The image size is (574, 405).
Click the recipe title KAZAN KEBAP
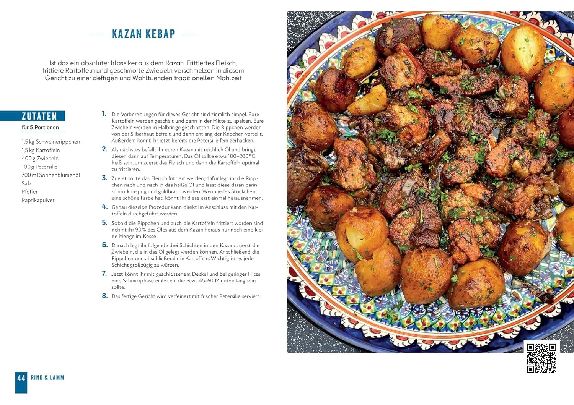tap(143, 34)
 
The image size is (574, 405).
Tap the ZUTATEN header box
tap(39, 116)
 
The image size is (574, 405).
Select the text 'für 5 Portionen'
tap(40, 127)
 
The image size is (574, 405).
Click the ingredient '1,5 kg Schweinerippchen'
tap(51, 142)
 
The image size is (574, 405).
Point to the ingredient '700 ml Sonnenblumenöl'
tap(51, 175)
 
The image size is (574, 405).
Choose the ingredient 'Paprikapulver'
tap(38, 200)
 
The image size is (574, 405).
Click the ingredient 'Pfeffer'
tap(30, 191)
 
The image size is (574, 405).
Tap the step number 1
tap(104, 114)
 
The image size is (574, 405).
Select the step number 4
tap(104, 207)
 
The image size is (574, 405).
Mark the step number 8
tap(104, 296)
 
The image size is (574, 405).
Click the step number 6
tap(104, 245)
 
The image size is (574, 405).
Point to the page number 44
tap(21, 378)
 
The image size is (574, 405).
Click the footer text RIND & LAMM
tap(47, 378)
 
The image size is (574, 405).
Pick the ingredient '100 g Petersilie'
tap(39, 167)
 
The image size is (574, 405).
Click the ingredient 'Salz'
tap(26, 183)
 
